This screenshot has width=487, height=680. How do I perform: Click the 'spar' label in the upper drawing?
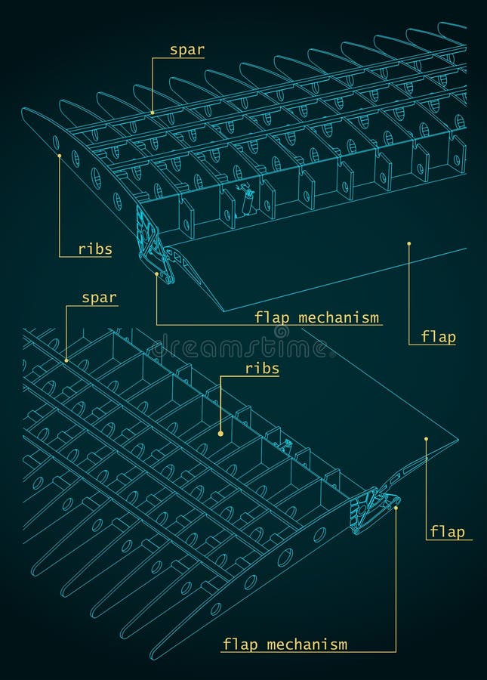tap(186, 51)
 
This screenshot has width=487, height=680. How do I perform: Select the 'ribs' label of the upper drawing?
tap(94, 249)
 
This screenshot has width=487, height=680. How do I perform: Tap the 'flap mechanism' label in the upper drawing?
tap(316, 317)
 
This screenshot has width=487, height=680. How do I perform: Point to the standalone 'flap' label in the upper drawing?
tap(438, 337)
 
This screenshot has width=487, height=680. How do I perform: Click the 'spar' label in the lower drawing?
tap(99, 298)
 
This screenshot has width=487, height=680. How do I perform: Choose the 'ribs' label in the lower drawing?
tap(262, 369)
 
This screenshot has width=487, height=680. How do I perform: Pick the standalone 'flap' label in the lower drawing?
tap(447, 532)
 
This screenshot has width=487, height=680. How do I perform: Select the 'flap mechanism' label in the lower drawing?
tap(285, 644)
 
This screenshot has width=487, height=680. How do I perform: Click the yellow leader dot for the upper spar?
tap(152, 113)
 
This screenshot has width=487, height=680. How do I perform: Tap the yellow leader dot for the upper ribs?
tap(59, 156)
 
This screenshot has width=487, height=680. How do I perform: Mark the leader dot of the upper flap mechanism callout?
tap(156, 274)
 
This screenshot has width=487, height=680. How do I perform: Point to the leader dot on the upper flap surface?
tap(408, 243)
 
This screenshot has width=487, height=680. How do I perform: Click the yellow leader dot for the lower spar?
tap(66, 360)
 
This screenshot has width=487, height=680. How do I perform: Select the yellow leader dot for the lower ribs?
tap(220, 433)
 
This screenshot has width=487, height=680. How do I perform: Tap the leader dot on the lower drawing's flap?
tap(426, 438)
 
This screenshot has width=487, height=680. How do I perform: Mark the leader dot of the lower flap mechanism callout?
tap(396, 508)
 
